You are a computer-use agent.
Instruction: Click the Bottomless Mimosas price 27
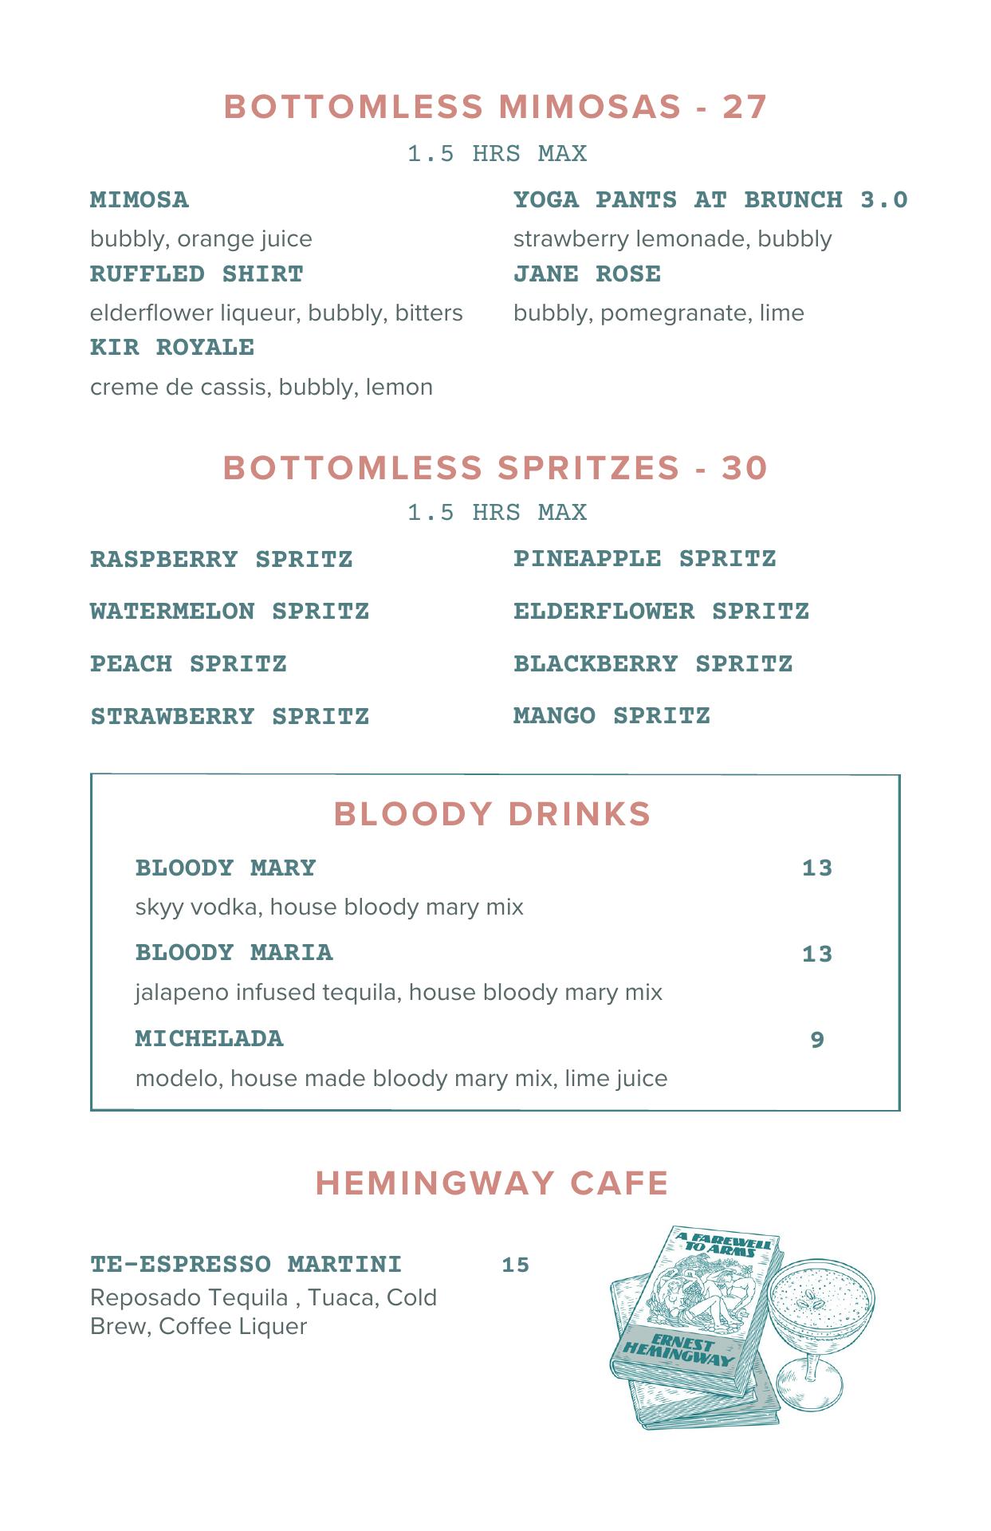(x=745, y=108)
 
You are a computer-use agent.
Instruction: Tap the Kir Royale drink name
(x=172, y=348)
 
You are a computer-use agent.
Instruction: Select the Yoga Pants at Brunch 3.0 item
(x=710, y=199)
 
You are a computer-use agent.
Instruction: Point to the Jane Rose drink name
(x=587, y=274)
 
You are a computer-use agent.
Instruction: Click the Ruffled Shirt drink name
(x=196, y=274)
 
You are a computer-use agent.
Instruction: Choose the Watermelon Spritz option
(x=230, y=612)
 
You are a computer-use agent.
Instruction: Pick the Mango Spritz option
(x=612, y=716)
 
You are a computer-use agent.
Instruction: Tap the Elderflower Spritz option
(x=661, y=612)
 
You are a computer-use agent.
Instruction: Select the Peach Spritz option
(x=188, y=664)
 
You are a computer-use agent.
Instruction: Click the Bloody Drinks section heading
(x=493, y=814)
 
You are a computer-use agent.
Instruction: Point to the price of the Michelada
(x=817, y=1040)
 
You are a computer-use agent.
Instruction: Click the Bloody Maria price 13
(x=817, y=954)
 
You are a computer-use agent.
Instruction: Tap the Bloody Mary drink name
(x=226, y=868)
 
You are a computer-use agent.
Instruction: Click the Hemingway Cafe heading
(x=492, y=1183)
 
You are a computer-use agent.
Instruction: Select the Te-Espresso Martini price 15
(x=516, y=1265)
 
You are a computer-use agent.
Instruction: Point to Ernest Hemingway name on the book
(x=678, y=1348)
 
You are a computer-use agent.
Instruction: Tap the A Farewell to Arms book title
(x=727, y=1249)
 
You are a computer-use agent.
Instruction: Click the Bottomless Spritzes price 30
(x=745, y=468)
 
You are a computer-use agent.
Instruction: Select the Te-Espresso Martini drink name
(x=246, y=1265)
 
